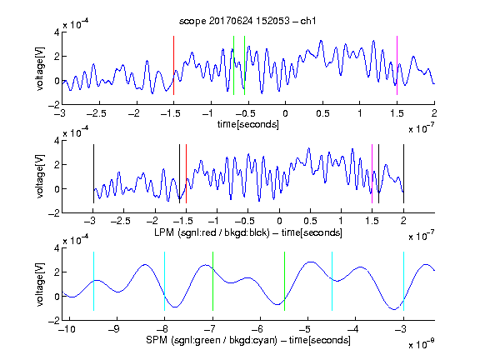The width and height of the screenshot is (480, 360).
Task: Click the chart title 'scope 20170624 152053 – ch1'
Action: (247, 21)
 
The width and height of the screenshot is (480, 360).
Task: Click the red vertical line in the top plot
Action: (173, 66)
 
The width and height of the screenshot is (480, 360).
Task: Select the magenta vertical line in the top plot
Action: (397, 66)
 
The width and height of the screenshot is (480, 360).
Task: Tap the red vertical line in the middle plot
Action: (186, 173)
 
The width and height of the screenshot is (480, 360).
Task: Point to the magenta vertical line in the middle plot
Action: (372, 173)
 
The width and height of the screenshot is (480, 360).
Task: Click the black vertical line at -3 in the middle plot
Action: (93, 173)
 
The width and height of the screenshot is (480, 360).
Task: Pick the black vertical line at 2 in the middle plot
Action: (403, 173)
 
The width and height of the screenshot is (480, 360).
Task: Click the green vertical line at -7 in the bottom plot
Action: (212, 282)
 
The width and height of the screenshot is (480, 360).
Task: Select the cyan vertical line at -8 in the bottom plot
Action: (165, 282)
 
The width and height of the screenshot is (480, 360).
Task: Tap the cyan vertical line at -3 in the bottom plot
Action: (403, 282)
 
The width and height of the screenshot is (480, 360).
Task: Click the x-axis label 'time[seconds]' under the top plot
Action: (248, 124)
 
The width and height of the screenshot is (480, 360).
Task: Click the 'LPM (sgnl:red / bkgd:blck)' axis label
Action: (212, 232)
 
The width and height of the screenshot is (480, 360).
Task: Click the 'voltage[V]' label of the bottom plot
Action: (40, 284)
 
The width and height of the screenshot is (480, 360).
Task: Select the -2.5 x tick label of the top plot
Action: (97, 113)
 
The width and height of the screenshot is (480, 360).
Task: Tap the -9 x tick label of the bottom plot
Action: (114, 329)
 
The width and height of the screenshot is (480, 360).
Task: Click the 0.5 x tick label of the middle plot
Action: (310, 221)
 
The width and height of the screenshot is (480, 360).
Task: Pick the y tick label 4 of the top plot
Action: (57, 32)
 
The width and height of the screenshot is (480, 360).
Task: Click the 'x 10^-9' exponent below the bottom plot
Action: (421, 344)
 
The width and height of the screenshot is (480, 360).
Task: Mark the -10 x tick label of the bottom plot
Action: (67, 329)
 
